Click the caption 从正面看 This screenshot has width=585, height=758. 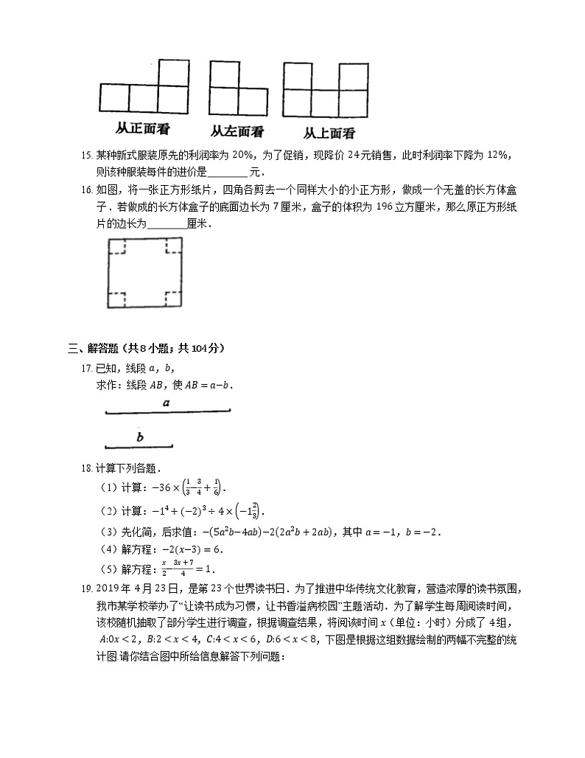(x=143, y=128)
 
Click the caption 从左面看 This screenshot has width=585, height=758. (x=237, y=131)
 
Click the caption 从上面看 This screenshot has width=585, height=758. (x=329, y=133)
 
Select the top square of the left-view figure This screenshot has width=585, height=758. (x=223, y=74)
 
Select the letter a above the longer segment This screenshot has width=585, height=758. (x=167, y=403)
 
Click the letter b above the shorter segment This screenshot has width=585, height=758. (x=140, y=437)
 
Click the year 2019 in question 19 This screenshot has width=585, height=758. (x=109, y=588)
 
